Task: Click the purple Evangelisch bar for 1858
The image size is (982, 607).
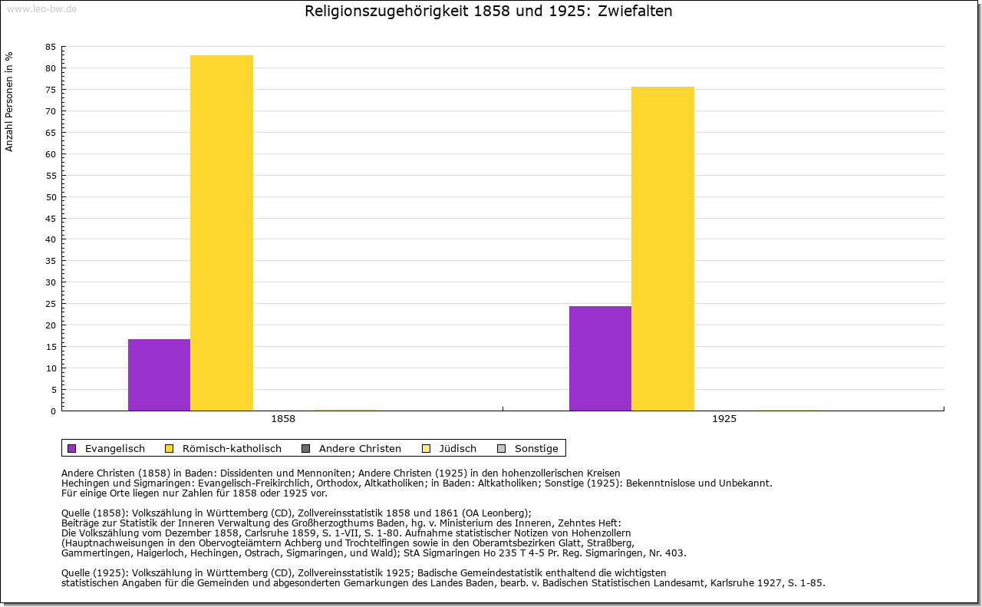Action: pyautogui.click(x=159, y=374)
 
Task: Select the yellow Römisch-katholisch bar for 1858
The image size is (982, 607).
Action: pyautogui.click(x=222, y=233)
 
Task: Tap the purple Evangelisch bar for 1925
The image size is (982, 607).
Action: pyautogui.click(x=600, y=358)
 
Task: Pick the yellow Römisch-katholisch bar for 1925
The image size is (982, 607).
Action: pyautogui.click(x=663, y=249)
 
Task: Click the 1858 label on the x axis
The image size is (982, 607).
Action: pyautogui.click(x=283, y=420)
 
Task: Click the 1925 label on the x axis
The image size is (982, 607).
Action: pyautogui.click(x=724, y=420)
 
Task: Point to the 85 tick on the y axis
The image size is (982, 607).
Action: pyautogui.click(x=51, y=47)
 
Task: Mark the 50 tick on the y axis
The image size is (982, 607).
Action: pyautogui.click(x=51, y=196)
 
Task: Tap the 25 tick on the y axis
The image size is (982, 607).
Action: pyautogui.click(x=51, y=304)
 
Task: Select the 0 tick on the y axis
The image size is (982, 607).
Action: pyautogui.click(x=53, y=411)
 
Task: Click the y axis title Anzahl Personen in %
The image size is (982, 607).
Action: pyautogui.click(x=9, y=101)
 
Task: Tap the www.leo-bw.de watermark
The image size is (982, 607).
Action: pyautogui.click(x=41, y=8)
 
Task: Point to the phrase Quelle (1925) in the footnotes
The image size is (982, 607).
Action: pyautogui.click(x=94, y=572)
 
